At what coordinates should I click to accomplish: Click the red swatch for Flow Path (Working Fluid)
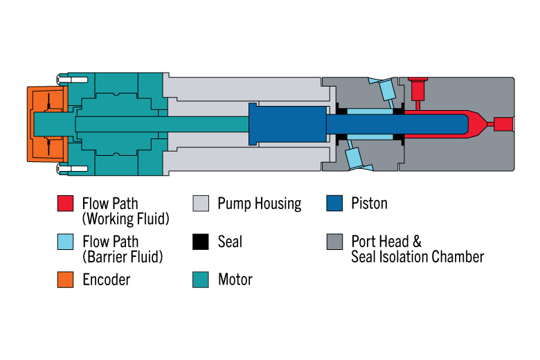[65, 204]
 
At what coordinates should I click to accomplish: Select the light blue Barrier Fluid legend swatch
[65, 242]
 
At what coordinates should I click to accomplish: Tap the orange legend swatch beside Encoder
[65, 280]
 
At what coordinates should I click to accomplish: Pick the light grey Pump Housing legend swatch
[200, 204]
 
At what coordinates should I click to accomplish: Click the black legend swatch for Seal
[200, 242]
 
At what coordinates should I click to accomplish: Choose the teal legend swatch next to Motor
[200, 280]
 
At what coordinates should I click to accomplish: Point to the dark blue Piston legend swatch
[334, 204]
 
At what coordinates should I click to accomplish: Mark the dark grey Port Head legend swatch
[334, 242]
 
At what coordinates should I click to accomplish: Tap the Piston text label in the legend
[369, 204]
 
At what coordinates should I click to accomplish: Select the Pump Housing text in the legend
[259, 204]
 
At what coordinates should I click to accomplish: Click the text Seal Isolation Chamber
[417, 257]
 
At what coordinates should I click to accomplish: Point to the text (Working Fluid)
[125, 219]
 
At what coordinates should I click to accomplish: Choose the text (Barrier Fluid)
[123, 258]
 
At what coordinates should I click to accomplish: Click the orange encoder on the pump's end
[46, 123]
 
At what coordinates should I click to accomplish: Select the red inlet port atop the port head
[417, 89]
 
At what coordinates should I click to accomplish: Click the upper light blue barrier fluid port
[384, 89]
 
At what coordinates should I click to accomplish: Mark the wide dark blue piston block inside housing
[287, 124]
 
